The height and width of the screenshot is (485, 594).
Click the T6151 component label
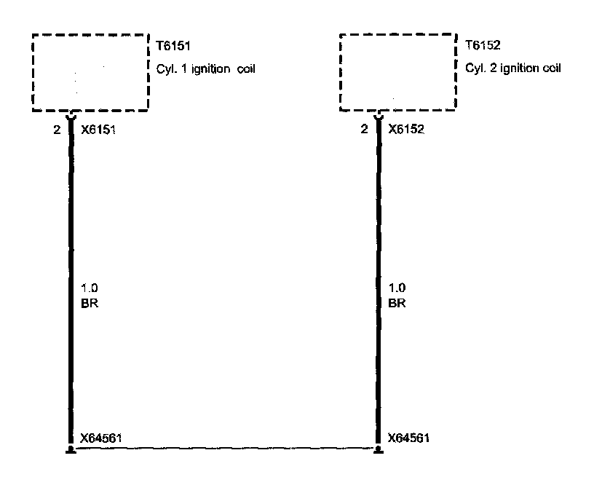173,45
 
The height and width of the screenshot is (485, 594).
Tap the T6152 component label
481,45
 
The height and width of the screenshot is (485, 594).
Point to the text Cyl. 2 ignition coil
513,69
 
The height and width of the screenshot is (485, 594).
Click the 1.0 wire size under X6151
90,288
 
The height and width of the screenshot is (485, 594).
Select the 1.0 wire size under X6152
397,288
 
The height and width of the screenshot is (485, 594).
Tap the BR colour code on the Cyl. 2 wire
398,302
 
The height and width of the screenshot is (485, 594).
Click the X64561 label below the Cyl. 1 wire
102,438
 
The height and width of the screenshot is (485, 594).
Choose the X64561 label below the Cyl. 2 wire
410,438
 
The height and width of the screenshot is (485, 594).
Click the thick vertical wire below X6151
71,218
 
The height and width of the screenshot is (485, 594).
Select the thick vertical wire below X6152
379,218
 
